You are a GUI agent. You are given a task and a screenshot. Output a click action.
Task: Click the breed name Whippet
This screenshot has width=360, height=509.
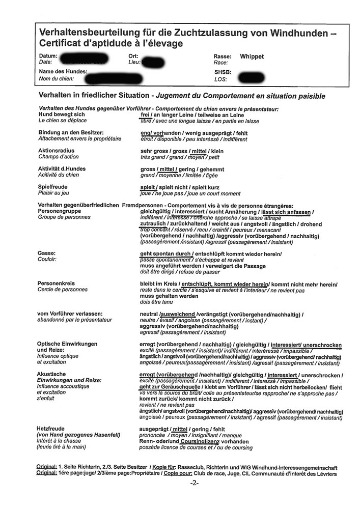(x=252, y=56)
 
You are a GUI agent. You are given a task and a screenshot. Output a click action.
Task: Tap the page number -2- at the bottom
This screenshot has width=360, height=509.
(x=193, y=483)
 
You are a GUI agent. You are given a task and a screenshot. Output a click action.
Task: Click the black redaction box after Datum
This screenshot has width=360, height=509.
(x=83, y=58)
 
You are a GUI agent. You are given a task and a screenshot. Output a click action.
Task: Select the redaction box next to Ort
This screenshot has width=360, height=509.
(x=154, y=63)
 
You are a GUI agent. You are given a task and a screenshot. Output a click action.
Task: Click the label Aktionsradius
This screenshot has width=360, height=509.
(x=56, y=151)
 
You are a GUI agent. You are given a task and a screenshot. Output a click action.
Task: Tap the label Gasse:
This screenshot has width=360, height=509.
(x=46, y=253)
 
